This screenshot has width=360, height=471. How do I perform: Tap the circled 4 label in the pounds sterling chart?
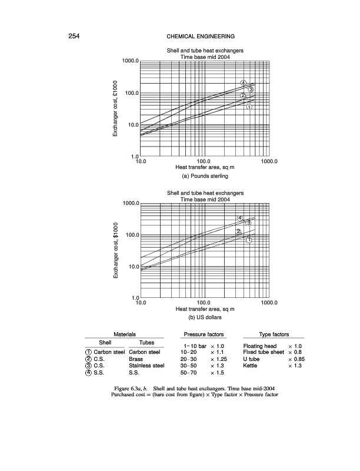pyautogui.click(x=244, y=81)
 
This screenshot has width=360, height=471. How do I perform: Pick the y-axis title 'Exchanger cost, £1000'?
pyautogui.click(x=117, y=108)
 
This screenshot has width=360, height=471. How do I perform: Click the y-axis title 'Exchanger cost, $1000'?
pyautogui.click(x=117, y=250)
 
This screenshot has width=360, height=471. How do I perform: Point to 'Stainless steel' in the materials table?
pyautogui.click(x=150, y=366)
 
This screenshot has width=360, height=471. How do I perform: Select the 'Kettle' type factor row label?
pyautogui.click(x=251, y=366)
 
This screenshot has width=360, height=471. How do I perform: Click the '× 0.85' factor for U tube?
pyautogui.click(x=285, y=359)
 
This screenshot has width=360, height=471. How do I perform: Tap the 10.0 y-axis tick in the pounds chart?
pyautogui.click(x=132, y=125)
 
